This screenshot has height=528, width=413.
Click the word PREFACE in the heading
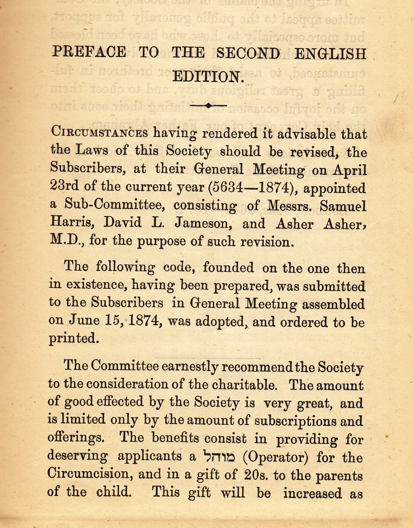pyautogui.click(x=89, y=52)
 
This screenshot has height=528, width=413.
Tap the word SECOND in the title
pyautogui.click(x=248, y=53)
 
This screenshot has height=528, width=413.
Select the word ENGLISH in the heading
pyautogui.click(x=330, y=54)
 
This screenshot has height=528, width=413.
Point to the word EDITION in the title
pyautogui.click(x=207, y=77)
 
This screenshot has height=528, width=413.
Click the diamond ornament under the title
pyautogui.click(x=208, y=106)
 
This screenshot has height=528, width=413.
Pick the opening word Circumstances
pyautogui.click(x=99, y=132)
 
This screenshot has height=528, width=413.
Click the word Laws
pyautogui.click(x=92, y=150)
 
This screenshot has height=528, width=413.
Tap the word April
pyautogui.click(x=350, y=170)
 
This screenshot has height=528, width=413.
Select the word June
pyautogui.click(x=84, y=320)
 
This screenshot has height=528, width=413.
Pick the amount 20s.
pyautogui.click(x=256, y=475)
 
